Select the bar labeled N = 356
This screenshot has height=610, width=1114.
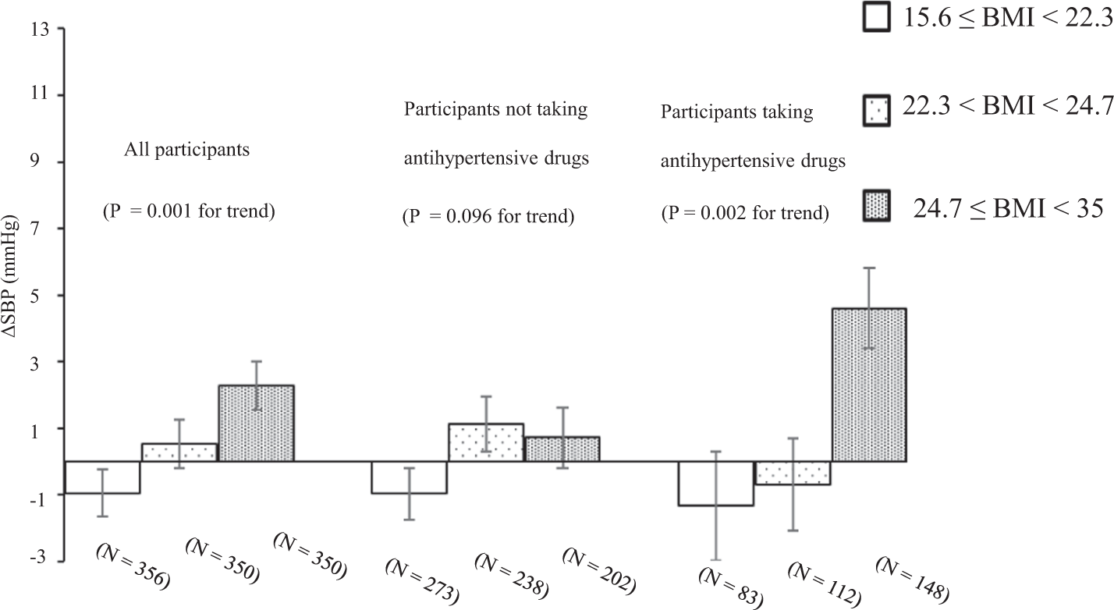pos(102,477)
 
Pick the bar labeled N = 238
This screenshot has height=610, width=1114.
pos(485,442)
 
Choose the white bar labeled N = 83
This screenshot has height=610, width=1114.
pos(715,483)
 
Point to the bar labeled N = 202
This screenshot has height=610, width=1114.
pos(561,449)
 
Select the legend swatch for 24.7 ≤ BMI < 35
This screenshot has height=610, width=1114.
pos(878,207)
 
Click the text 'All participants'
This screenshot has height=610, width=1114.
pos(187,150)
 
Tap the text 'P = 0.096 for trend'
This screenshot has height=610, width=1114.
pos(488,216)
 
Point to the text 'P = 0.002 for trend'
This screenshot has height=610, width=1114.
pos(744,212)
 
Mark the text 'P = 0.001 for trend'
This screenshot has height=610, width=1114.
pos(189,211)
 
